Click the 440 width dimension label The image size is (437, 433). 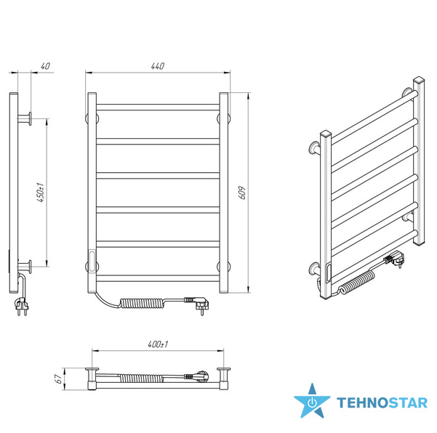point(158,66)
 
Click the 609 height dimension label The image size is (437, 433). point(242,193)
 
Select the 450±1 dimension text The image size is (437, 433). point(41,193)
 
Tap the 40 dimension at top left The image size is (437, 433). point(45,66)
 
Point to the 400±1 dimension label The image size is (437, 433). point(158,344)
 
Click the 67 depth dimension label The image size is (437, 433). point(58,379)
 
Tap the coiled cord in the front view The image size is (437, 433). point(142,303)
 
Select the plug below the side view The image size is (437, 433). point(22,307)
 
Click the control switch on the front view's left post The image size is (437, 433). point(92,261)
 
